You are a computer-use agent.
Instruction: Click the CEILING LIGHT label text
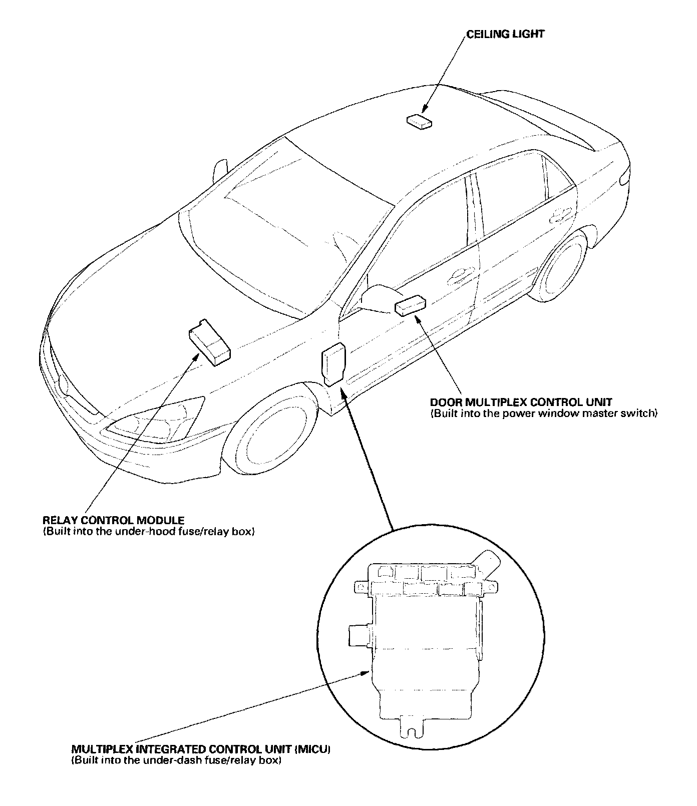point(505,34)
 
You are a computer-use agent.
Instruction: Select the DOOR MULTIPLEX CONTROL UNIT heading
point(521,402)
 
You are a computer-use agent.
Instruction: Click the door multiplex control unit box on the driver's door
point(411,305)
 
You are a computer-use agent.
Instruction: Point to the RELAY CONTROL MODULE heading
point(114,521)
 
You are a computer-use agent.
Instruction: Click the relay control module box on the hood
point(209,343)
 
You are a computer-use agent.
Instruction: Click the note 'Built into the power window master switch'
point(543,414)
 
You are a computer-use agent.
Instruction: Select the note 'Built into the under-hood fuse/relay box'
point(149,532)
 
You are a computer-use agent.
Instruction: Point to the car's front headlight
point(160,419)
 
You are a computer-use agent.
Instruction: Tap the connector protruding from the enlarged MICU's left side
point(359,635)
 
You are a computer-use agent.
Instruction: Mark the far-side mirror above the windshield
point(219,171)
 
